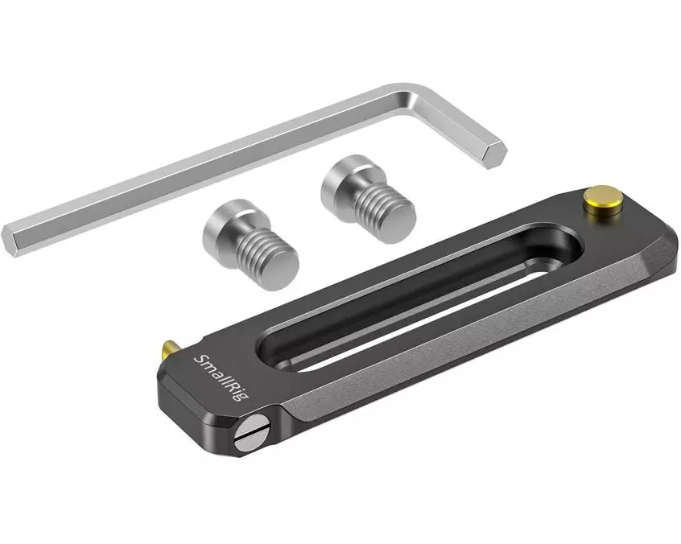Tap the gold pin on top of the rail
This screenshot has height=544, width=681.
click(x=602, y=199)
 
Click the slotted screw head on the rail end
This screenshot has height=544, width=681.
click(x=251, y=432)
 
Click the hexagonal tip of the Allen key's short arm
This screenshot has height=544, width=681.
click(x=493, y=155)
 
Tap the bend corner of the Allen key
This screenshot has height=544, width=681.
click(x=415, y=97)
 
